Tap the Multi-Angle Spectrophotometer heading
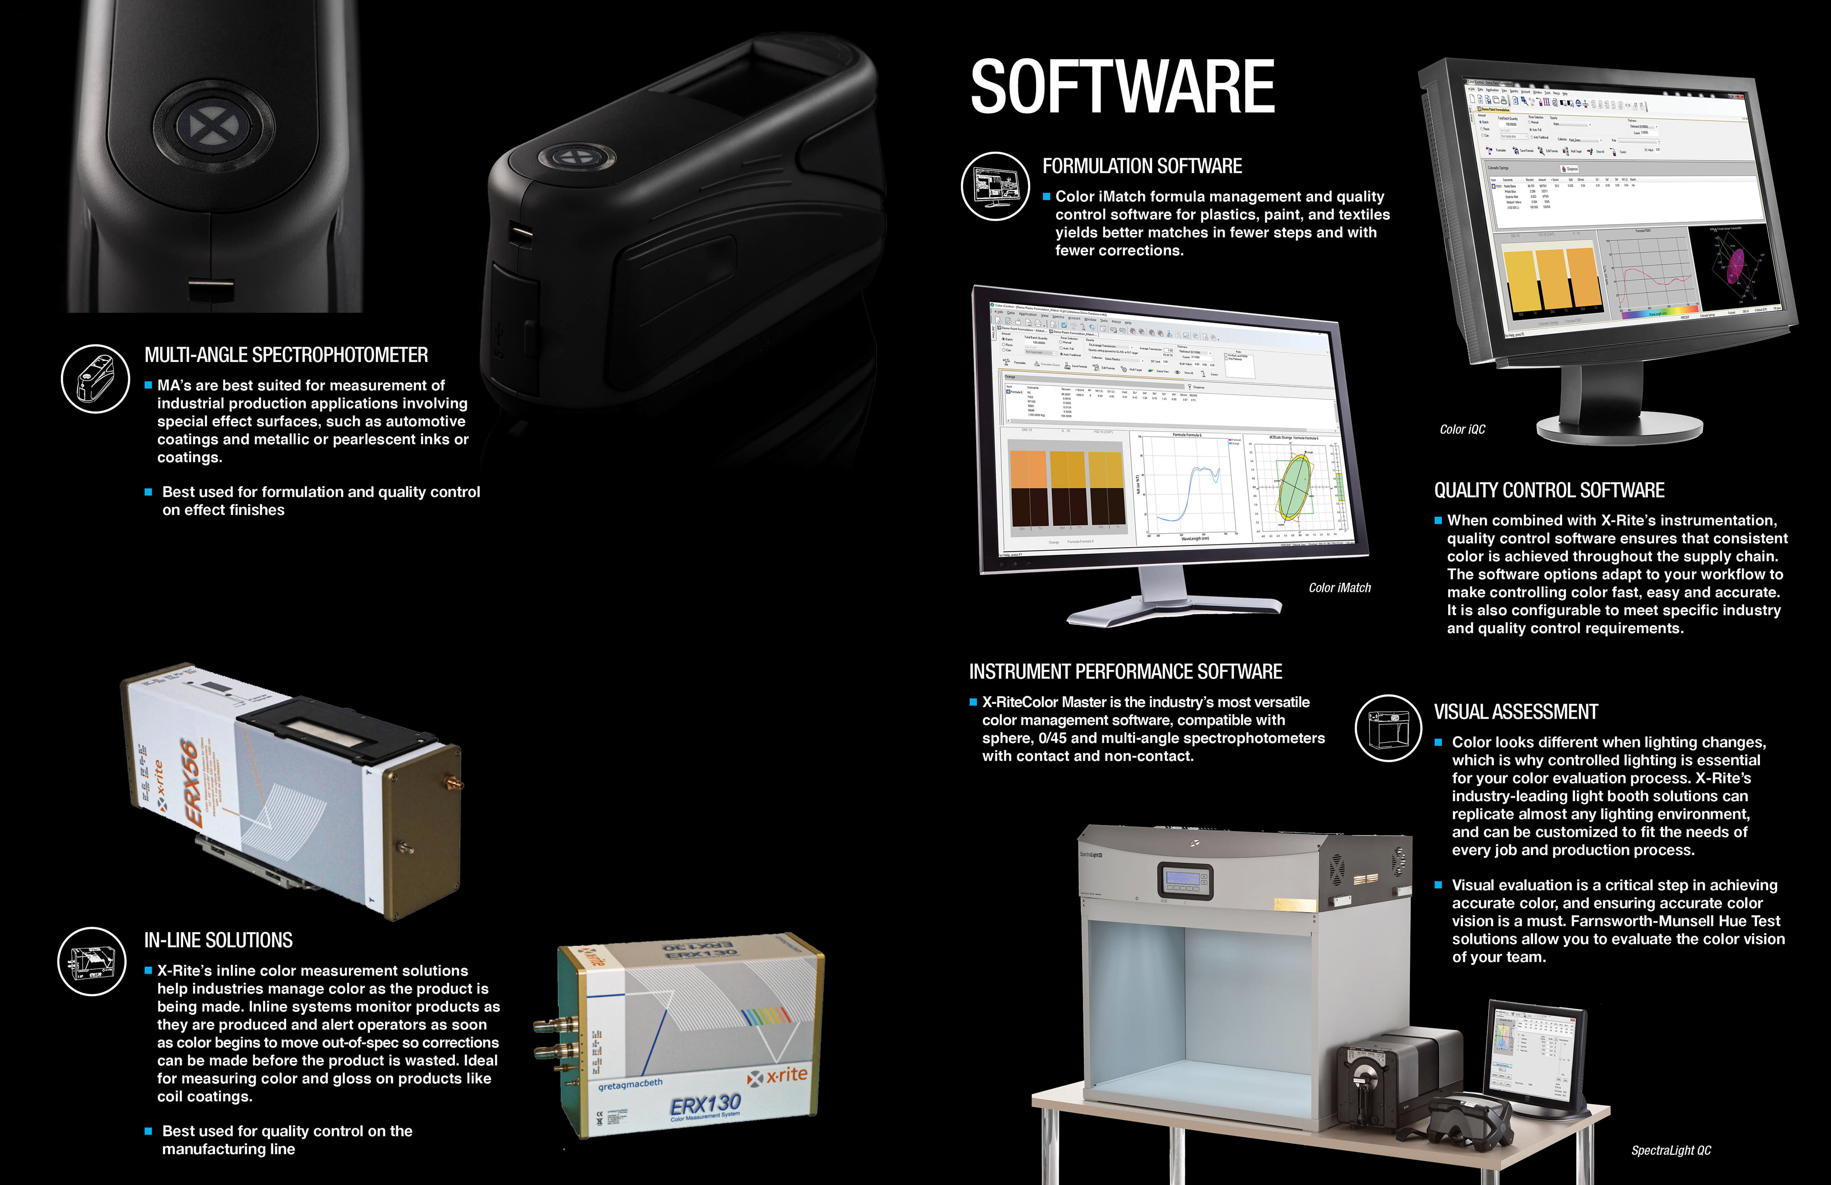click(286, 355)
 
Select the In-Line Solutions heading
click(218, 940)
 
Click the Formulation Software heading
click(1142, 166)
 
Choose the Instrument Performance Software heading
click(1125, 672)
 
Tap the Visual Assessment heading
click(1515, 712)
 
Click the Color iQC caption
click(1462, 429)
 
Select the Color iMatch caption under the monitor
click(1339, 588)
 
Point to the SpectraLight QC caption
click(1671, 1150)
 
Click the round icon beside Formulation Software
click(995, 186)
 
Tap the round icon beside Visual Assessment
click(1388, 728)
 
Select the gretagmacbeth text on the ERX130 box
click(630, 1084)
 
